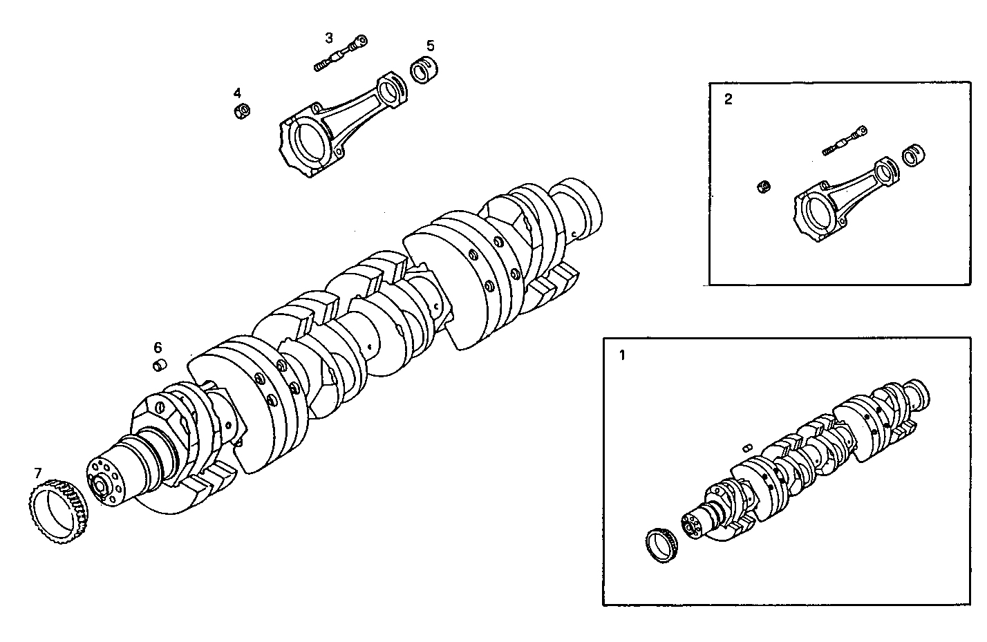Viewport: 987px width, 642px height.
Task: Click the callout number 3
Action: point(329,37)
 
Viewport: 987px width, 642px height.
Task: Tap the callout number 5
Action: point(430,46)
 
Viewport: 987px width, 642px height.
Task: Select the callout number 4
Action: point(237,93)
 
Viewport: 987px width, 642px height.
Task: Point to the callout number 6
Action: point(158,347)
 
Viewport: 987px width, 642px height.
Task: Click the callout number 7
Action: point(38,473)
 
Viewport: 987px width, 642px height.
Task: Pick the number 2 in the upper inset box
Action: point(728,99)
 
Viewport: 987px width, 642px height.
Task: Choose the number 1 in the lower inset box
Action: point(621,356)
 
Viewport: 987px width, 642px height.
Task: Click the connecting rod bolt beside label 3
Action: point(340,55)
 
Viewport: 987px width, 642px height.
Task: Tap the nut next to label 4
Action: point(243,111)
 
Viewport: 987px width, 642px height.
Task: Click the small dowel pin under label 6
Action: point(160,364)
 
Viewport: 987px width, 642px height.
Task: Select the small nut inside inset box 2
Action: point(764,187)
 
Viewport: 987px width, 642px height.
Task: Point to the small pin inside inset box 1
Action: point(746,448)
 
